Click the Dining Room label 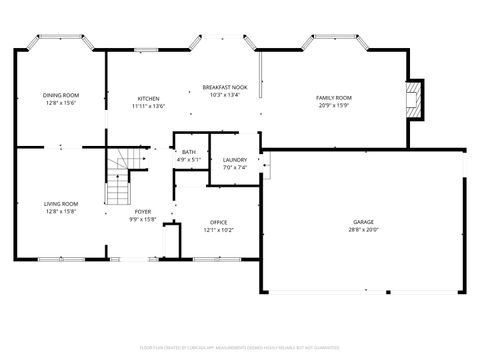(x=60, y=95)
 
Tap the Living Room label (x=60, y=204)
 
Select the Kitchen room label (x=148, y=98)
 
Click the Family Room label (x=334, y=97)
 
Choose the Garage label (x=363, y=221)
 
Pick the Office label (x=219, y=222)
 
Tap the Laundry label (x=235, y=160)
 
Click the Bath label (x=189, y=152)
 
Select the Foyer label (x=144, y=212)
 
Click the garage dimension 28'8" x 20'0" (x=363, y=229)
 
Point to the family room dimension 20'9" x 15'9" (x=334, y=105)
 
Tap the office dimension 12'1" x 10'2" (x=219, y=230)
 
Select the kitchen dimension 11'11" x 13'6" (x=148, y=106)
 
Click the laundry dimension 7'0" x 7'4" (x=235, y=168)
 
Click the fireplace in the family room (x=414, y=97)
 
